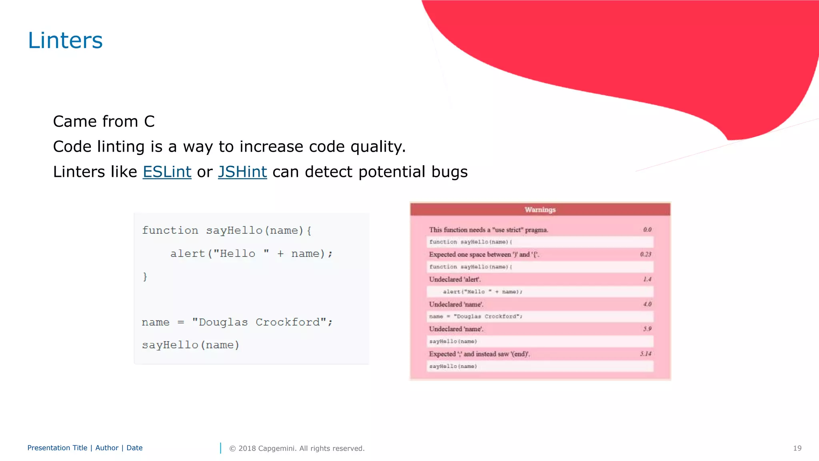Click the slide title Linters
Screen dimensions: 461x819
pyautogui.click(x=65, y=40)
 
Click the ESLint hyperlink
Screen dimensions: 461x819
pyautogui.click(x=167, y=172)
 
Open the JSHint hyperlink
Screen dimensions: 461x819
pyautogui.click(x=242, y=172)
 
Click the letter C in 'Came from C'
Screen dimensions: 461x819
pyautogui.click(x=149, y=121)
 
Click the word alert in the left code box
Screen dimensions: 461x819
pyautogui.click(x=187, y=253)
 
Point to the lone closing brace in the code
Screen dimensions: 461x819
pyautogui.click(x=145, y=277)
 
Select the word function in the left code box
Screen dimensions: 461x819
pyautogui.click(x=170, y=230)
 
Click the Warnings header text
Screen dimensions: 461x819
pyautogui.click(x=540, y=210)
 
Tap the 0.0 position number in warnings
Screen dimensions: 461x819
pyautogui.click(x=647, y=230)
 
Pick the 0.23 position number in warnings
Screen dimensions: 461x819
pyautogui.click(x=645, y=255)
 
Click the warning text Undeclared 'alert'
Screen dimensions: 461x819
pyautogui.click(x=455, y=279)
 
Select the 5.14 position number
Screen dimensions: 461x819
pyautogui.click(x=645, y=354)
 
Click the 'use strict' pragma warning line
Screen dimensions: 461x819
pyautogui.click(x=488, y=230)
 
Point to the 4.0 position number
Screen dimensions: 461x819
pyautogui.click(x=647, y=304)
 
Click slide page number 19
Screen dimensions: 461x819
pyautogui.click(x=797, y=448)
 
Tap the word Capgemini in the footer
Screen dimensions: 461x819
pyautogui.click(x=277, y=448)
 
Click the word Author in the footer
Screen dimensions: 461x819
pyautogui.click(x=107, y=448)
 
